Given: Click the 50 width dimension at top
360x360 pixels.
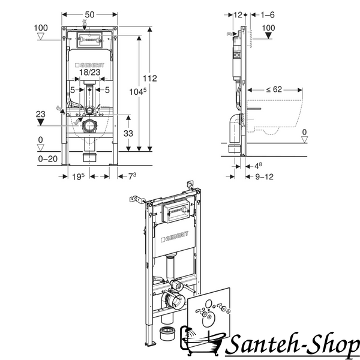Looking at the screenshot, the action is [89, 14].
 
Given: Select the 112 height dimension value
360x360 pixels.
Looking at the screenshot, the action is [150, 78].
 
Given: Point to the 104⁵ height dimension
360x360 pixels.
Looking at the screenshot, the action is [138, 92].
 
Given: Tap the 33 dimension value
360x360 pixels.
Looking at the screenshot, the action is [128, 133].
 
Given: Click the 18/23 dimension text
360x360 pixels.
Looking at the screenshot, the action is [90, 73].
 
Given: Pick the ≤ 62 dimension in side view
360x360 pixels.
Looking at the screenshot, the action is [274, 89].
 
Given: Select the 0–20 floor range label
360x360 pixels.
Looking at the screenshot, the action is [48, 159].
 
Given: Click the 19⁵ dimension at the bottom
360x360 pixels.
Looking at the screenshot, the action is [78, 176].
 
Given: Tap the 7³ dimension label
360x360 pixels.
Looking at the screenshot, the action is [132, 176].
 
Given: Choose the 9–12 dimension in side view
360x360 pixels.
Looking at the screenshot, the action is [264, 176].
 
